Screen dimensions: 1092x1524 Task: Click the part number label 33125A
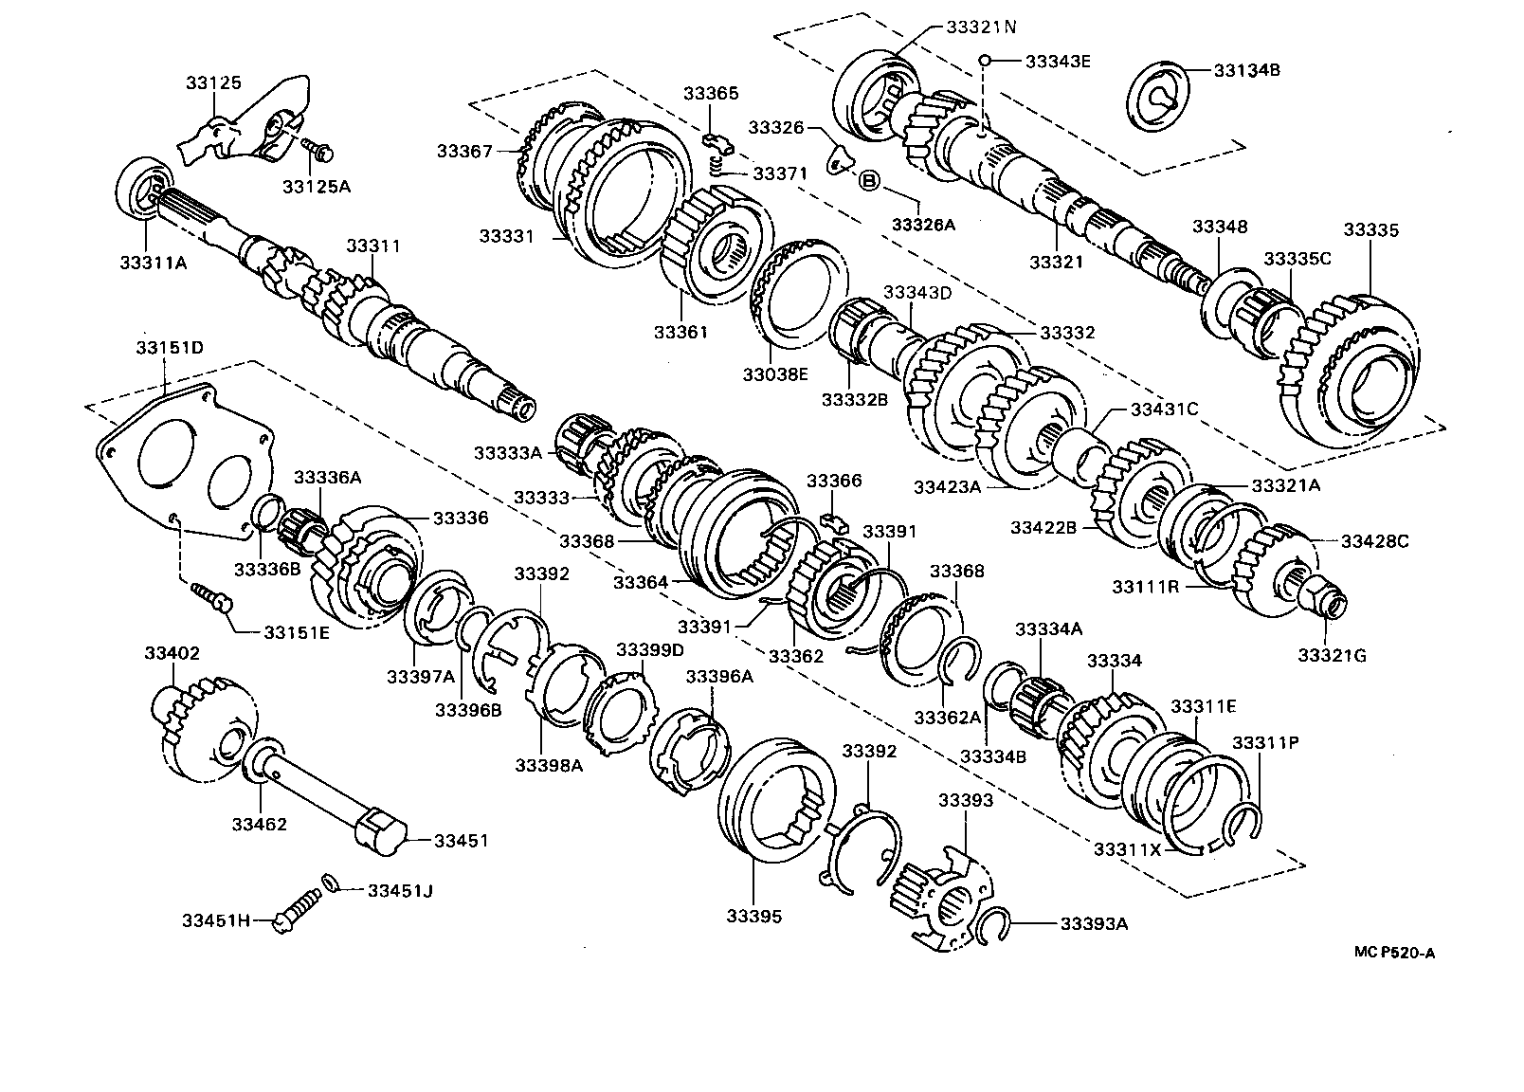coord(316,187)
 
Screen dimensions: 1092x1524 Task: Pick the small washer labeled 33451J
coord(331,883)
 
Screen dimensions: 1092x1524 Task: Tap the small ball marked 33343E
coord(986,61)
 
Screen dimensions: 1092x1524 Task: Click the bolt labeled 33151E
coord(211,597)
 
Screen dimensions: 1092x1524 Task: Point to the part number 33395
coord(754,917)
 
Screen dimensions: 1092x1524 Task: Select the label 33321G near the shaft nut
coord(1332,655)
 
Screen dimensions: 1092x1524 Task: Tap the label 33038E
coord(776,374)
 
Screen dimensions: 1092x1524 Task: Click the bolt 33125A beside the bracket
coord(318,150)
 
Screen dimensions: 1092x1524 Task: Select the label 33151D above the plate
coord(165,347)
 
